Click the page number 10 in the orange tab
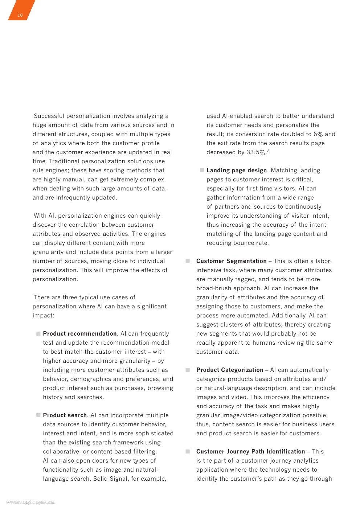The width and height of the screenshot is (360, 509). point(20,15)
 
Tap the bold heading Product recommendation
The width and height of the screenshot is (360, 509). point(80,333)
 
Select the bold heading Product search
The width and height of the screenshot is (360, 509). point(65,415)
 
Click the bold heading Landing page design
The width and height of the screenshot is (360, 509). point(237,170)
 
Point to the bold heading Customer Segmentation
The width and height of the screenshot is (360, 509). point(231,261)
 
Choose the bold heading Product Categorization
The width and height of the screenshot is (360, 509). point(230,370)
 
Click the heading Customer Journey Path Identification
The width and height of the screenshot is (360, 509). point(250,451)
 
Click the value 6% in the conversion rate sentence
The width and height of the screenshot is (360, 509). point(318,134)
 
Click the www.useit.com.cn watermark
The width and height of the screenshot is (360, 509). point(31,502)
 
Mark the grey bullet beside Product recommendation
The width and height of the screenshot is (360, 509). point(38,333)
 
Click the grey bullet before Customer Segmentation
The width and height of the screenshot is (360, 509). point(188,261)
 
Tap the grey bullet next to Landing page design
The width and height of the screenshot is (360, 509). point(202,170)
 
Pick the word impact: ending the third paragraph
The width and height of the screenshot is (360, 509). point(43,315)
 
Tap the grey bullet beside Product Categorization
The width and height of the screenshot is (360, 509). point(188,370)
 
